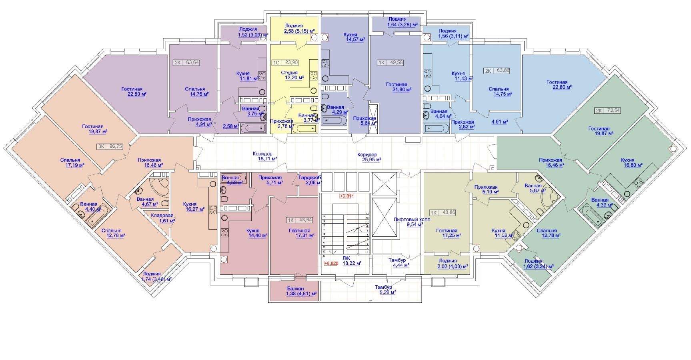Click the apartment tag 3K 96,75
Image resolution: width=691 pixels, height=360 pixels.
click(x=110, y=147)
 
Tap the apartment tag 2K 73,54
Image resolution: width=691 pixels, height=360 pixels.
click(x=607, y=111)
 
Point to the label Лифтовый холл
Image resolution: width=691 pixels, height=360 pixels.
click(x=409, y=219)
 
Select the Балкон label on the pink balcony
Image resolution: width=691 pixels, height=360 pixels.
click(x=295, y=288)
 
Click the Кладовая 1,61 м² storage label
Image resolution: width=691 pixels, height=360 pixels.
click(x=162, y=218)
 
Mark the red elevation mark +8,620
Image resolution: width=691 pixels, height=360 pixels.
click(x=331, y=264)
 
